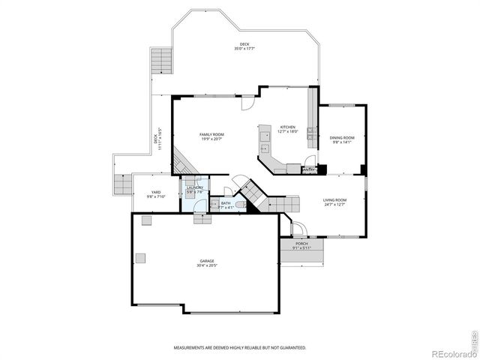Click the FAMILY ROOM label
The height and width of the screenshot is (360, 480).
pyautogui.click(x=211, y=134)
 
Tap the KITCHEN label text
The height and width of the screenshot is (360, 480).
pyautogui.click(x=288, y=127)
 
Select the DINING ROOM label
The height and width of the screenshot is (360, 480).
pyautogui.click(x=342, y=137)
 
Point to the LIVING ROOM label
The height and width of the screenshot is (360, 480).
pyautogui.click(x=334, y=199)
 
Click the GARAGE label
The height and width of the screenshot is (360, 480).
pyautogui.click(x=206, y=261)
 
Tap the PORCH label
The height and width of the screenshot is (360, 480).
pyautogui.click(x=301, y=244)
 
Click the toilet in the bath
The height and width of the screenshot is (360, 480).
pyautogui.click(x=240, y=204)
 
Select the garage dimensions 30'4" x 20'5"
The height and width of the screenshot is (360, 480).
pyautogui.click(x=206, y=265)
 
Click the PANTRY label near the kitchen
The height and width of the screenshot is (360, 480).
pyautogui.click(x=308, y=170)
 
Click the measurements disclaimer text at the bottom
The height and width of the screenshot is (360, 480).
pyautogui.click(x=239, y=348)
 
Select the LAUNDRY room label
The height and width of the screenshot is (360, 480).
pyautogui.click(x=194, y=187)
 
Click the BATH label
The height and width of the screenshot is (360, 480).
pyautogui.click(x=226, y=202)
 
